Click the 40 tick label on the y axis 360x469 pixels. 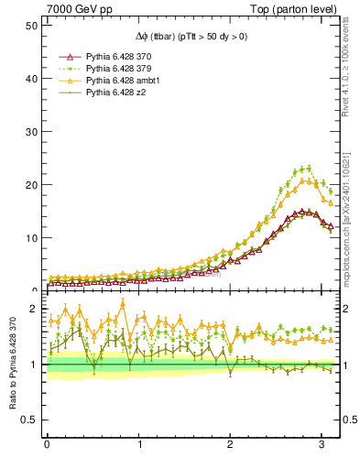click(31, 78)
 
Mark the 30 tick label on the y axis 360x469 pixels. click(31, 131)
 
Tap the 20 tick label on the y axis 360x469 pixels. click(31, 184)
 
